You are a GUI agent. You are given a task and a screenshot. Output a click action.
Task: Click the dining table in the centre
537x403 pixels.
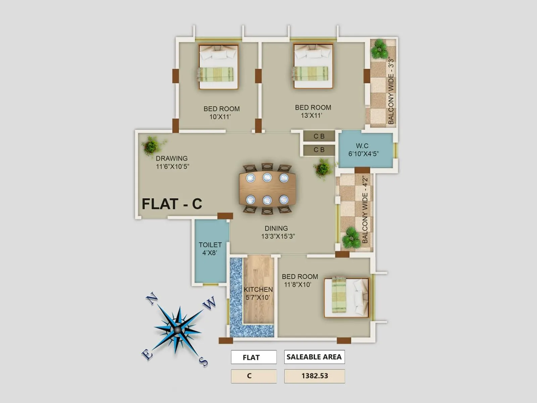point(267,189)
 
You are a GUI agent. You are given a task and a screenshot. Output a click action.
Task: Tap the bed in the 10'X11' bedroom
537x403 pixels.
point(218,67)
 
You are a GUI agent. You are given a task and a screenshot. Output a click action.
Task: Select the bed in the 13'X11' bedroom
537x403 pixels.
point(313,66)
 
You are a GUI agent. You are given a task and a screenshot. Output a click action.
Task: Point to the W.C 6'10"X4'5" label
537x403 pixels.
point(363,150)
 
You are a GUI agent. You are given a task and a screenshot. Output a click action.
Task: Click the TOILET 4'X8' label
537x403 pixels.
point(210,249)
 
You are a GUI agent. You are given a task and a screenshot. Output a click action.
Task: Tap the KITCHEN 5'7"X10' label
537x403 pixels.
point(258,293)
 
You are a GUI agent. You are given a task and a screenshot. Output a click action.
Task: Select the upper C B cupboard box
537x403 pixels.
point(319,136)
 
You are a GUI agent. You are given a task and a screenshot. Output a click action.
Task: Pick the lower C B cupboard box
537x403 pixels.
point(319,150)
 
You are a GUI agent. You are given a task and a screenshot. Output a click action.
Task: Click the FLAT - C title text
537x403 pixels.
point(172,204)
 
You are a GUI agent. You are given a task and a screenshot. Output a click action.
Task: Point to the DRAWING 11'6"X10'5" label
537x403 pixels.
point(172,162)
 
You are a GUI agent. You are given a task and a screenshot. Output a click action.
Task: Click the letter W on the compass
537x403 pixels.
point(209,303)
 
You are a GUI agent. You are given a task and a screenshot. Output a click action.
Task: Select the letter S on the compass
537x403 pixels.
point(203,361)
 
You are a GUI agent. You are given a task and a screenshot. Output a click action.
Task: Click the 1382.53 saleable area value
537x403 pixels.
point(314,376)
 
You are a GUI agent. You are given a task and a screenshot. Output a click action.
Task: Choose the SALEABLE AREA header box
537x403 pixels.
point(314,357)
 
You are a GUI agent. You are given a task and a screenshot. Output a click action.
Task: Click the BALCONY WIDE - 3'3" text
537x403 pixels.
point(391,91)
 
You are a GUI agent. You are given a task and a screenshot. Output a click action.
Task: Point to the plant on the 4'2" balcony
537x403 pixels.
point(351,238)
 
